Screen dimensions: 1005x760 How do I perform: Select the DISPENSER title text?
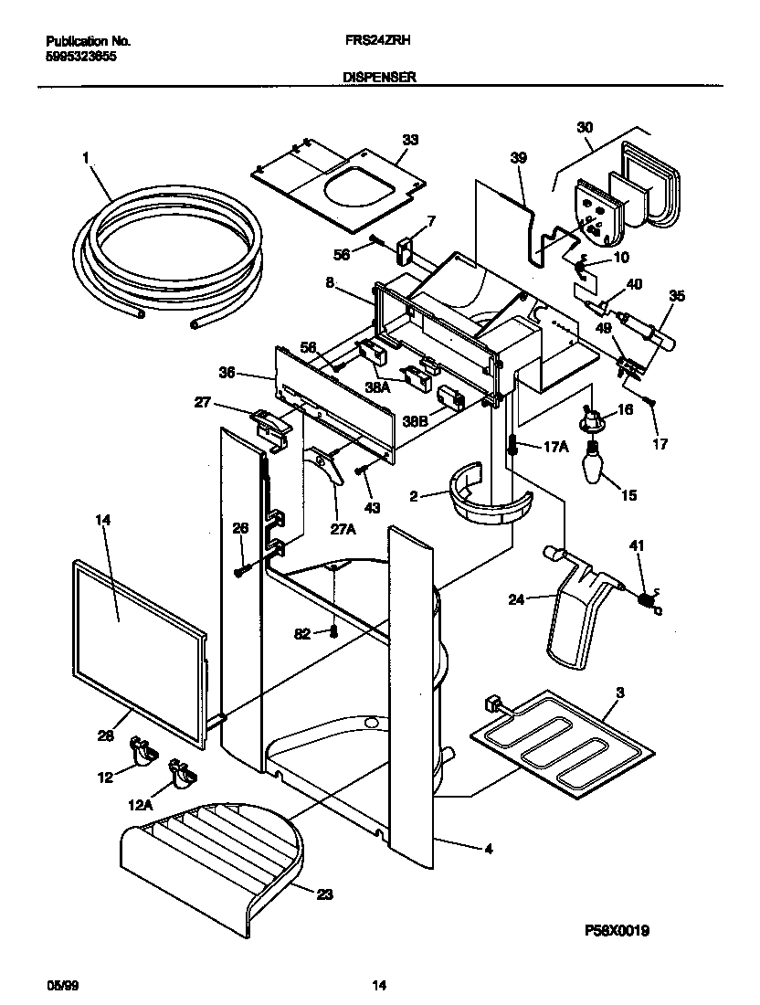click(380, 79)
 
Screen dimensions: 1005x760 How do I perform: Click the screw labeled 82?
click(335, 631)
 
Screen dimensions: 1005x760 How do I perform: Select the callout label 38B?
click(416, 422)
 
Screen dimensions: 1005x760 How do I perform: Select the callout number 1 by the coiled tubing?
click(85, 157)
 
